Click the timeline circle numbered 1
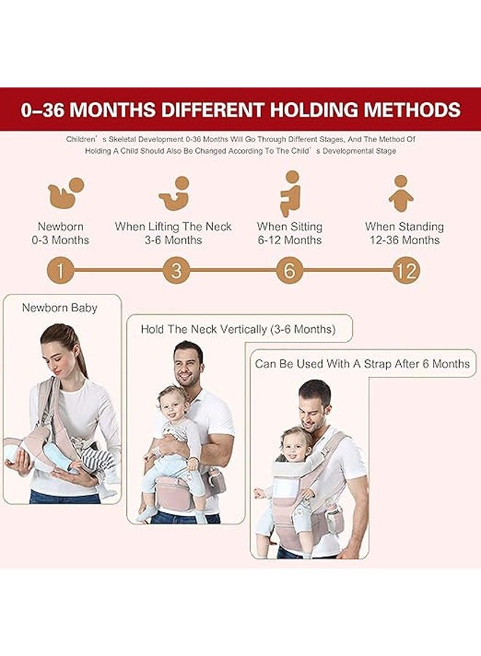(x=60, y=271)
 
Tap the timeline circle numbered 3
(x=176, y=271)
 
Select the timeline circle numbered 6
(x=289, y=271)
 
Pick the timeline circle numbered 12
(x=405, y=271)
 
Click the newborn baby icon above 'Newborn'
(x=66, y=192)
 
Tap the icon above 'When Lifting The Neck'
(x=174, y=193)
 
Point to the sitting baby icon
(x=290, y=193)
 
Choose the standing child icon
(x=401, y=193)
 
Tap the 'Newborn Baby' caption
(x=59, y=308)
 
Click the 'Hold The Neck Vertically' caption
(x=238, y=329)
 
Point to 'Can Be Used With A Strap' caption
(x=362, y=363)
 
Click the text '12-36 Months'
(x=404, y=240)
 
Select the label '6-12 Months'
(x=289, y=240)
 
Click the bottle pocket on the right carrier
(x=334, y=518)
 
